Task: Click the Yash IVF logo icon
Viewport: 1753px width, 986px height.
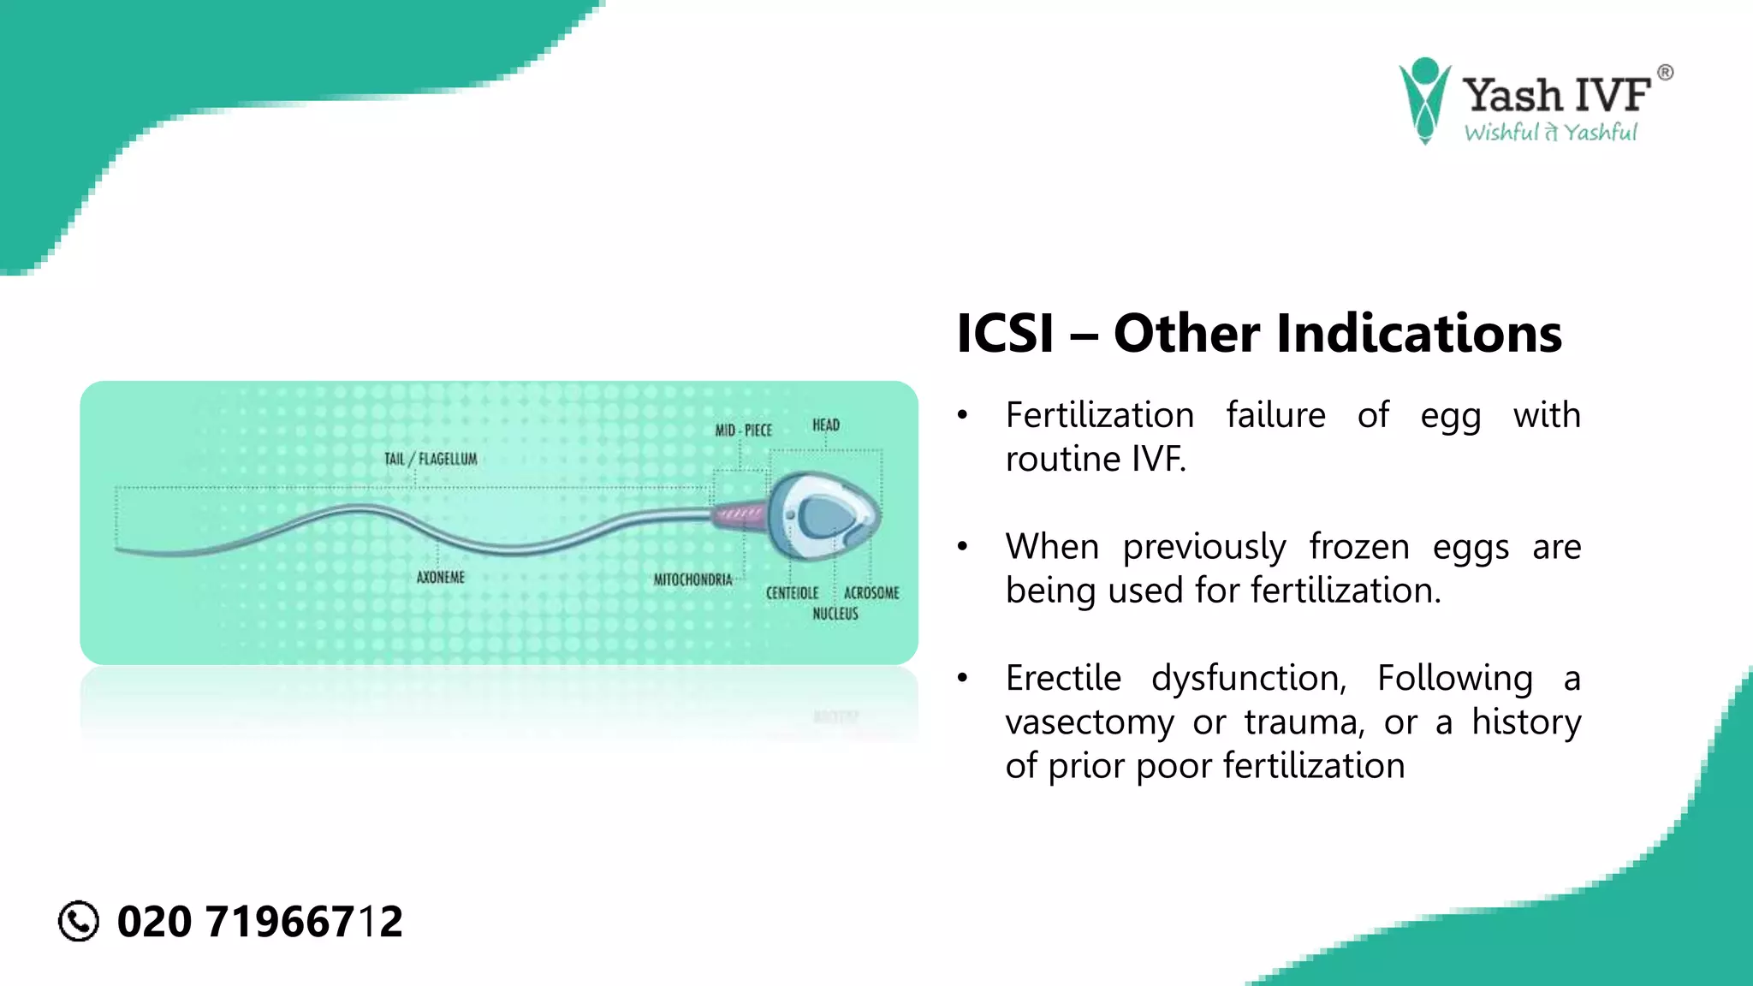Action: coord(1424,99)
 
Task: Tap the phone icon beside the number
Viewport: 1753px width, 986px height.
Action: coord(79,922)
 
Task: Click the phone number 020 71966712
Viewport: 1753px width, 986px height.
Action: coord(259,922)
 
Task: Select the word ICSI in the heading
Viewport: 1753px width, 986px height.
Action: coord(1005,333)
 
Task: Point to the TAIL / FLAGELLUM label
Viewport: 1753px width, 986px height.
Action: coord(431,459)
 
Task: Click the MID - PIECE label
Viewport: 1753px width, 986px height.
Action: coord(743,430)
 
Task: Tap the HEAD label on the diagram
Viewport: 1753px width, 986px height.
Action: coord(826,425)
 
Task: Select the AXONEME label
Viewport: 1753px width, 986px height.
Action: coord(441,577)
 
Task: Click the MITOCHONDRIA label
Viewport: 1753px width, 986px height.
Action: coord(693,579)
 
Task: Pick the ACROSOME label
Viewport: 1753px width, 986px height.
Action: coord(871,592)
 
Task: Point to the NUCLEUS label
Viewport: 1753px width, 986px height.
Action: coord(835,613)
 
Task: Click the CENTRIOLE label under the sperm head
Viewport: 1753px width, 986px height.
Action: coord(792,592)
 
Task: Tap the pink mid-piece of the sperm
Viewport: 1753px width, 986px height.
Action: coord(738,514)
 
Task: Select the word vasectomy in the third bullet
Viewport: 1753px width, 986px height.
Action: coord(1090,722)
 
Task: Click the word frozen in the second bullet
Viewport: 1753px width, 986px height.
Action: coord(1359,546)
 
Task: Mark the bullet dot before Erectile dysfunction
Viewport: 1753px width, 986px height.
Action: coord(963,678)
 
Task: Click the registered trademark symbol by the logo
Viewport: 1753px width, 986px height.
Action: coord(1665,73)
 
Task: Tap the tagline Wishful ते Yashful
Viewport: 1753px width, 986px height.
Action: coord(1550,133)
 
